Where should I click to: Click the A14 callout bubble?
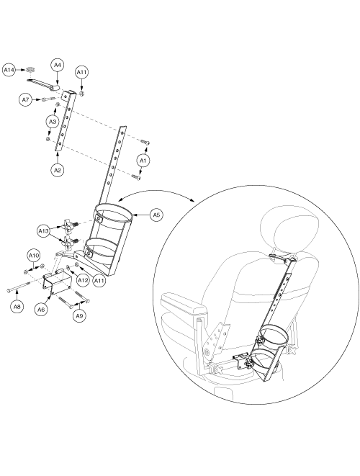pos(9,70)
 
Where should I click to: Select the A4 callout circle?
pos(58,65)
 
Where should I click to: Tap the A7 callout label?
pos(26,99)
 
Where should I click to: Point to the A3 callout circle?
pos(53,122)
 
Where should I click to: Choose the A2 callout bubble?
pos(58,170)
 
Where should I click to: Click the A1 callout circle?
pos(143,161)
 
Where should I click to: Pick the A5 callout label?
pos(156,215)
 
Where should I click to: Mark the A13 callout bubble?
pos(43,231)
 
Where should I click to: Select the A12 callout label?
pos(82,280)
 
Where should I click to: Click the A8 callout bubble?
pos(17,307)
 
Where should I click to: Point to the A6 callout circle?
pos(41,310)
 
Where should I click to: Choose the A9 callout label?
pos(79,316)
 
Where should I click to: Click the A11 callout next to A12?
pos(99,280)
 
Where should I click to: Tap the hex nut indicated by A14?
pos(30,70)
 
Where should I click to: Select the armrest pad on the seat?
pos(184,305)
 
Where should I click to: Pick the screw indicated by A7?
pos(50,99)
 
